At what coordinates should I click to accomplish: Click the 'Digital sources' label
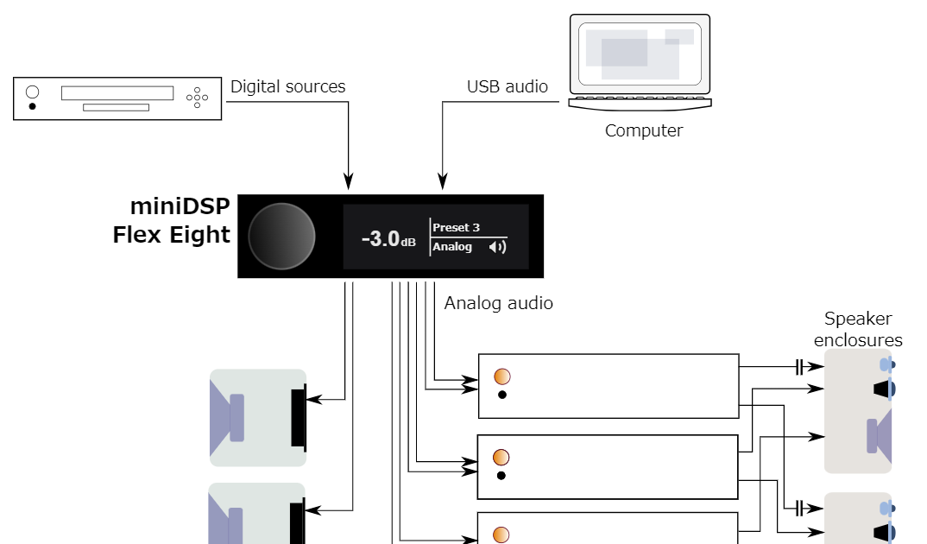click(x=287, y=86)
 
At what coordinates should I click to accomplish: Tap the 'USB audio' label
click(x=507, y=86)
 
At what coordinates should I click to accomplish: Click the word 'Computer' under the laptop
click(x=643, y=131)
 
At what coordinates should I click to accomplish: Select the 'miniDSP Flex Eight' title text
click(x=173, y=220)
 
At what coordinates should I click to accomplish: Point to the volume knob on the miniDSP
click(x=281, y=236)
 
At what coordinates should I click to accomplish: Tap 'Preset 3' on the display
click(x=456, y=227)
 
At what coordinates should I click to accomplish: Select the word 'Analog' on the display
click(x=452, y=247)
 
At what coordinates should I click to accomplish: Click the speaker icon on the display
click(x=496, y=248)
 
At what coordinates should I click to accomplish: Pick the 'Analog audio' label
click(x=498, y=303)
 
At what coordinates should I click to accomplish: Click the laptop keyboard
click(x=640, y=102)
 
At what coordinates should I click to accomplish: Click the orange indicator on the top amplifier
click(x=501, y=376)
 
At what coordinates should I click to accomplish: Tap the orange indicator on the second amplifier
click(x=501, y=458)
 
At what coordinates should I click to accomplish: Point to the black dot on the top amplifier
click(x=501, y=395)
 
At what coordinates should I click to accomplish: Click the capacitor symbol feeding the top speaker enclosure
click(x=799, y=366)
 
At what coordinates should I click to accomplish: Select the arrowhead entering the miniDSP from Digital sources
click(x=349, y=182)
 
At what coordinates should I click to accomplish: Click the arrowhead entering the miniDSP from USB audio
click(x=443, y=182)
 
